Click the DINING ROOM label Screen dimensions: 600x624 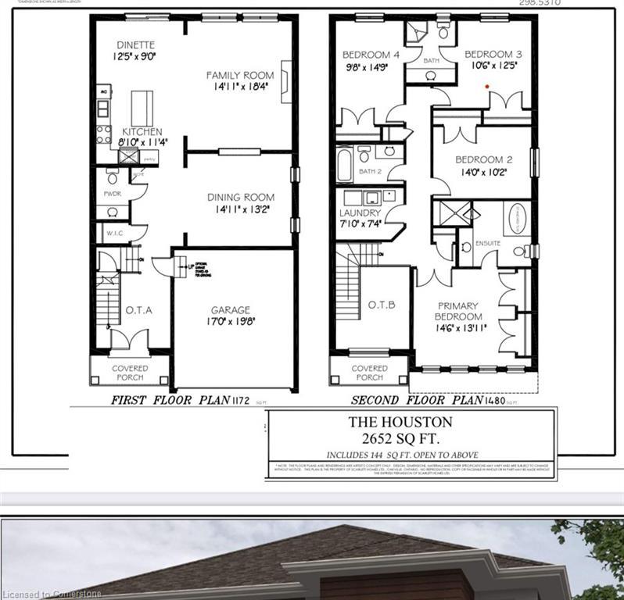[x=240, y=198]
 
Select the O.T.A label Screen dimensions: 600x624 [x=139, y=310]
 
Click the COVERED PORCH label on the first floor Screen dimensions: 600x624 [x=130, y=373]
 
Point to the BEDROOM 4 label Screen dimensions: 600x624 [x=371, y=55]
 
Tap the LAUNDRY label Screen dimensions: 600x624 [x=360, y=213]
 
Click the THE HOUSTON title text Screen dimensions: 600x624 [x=411, y=422]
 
